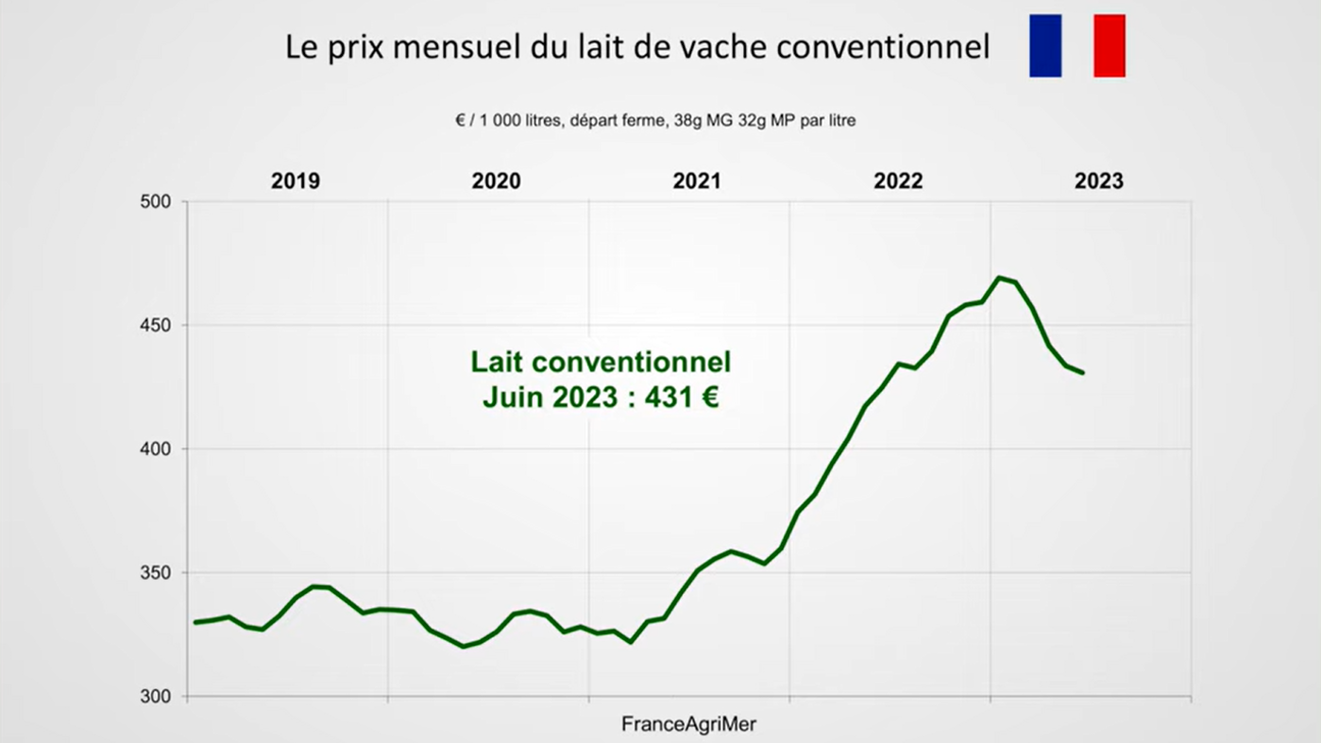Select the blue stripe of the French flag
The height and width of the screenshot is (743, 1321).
(x=1045, y=45)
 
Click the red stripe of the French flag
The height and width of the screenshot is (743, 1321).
(x=1109, y=45)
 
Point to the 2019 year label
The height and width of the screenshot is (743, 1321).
(x=296, y=181)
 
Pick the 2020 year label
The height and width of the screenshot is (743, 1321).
(x=496, y=181)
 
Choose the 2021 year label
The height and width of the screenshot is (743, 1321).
(x=697, y=181)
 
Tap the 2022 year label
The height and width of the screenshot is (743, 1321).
(x=898, y=181)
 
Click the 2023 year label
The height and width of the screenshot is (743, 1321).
(x=1099, y=181)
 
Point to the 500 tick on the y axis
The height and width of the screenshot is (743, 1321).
(x=156, y=202)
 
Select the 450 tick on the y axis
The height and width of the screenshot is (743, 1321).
(x=156, y=326)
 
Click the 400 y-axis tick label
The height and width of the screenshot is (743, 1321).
(x=156, y=449)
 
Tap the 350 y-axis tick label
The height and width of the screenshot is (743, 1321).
(x=156, y=573)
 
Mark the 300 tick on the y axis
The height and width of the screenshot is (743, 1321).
(x=156, y=697)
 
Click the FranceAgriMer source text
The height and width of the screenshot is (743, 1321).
(x=688, y=724)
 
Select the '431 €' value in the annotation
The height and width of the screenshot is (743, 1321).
(x=682, y=397)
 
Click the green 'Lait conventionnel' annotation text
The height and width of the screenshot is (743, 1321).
(x=601, y=362)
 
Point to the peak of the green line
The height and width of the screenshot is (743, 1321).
(x=998, y=278)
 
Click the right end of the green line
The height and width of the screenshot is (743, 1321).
(x=1082, y=373)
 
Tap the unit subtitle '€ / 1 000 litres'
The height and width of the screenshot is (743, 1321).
(x=509, y=121)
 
